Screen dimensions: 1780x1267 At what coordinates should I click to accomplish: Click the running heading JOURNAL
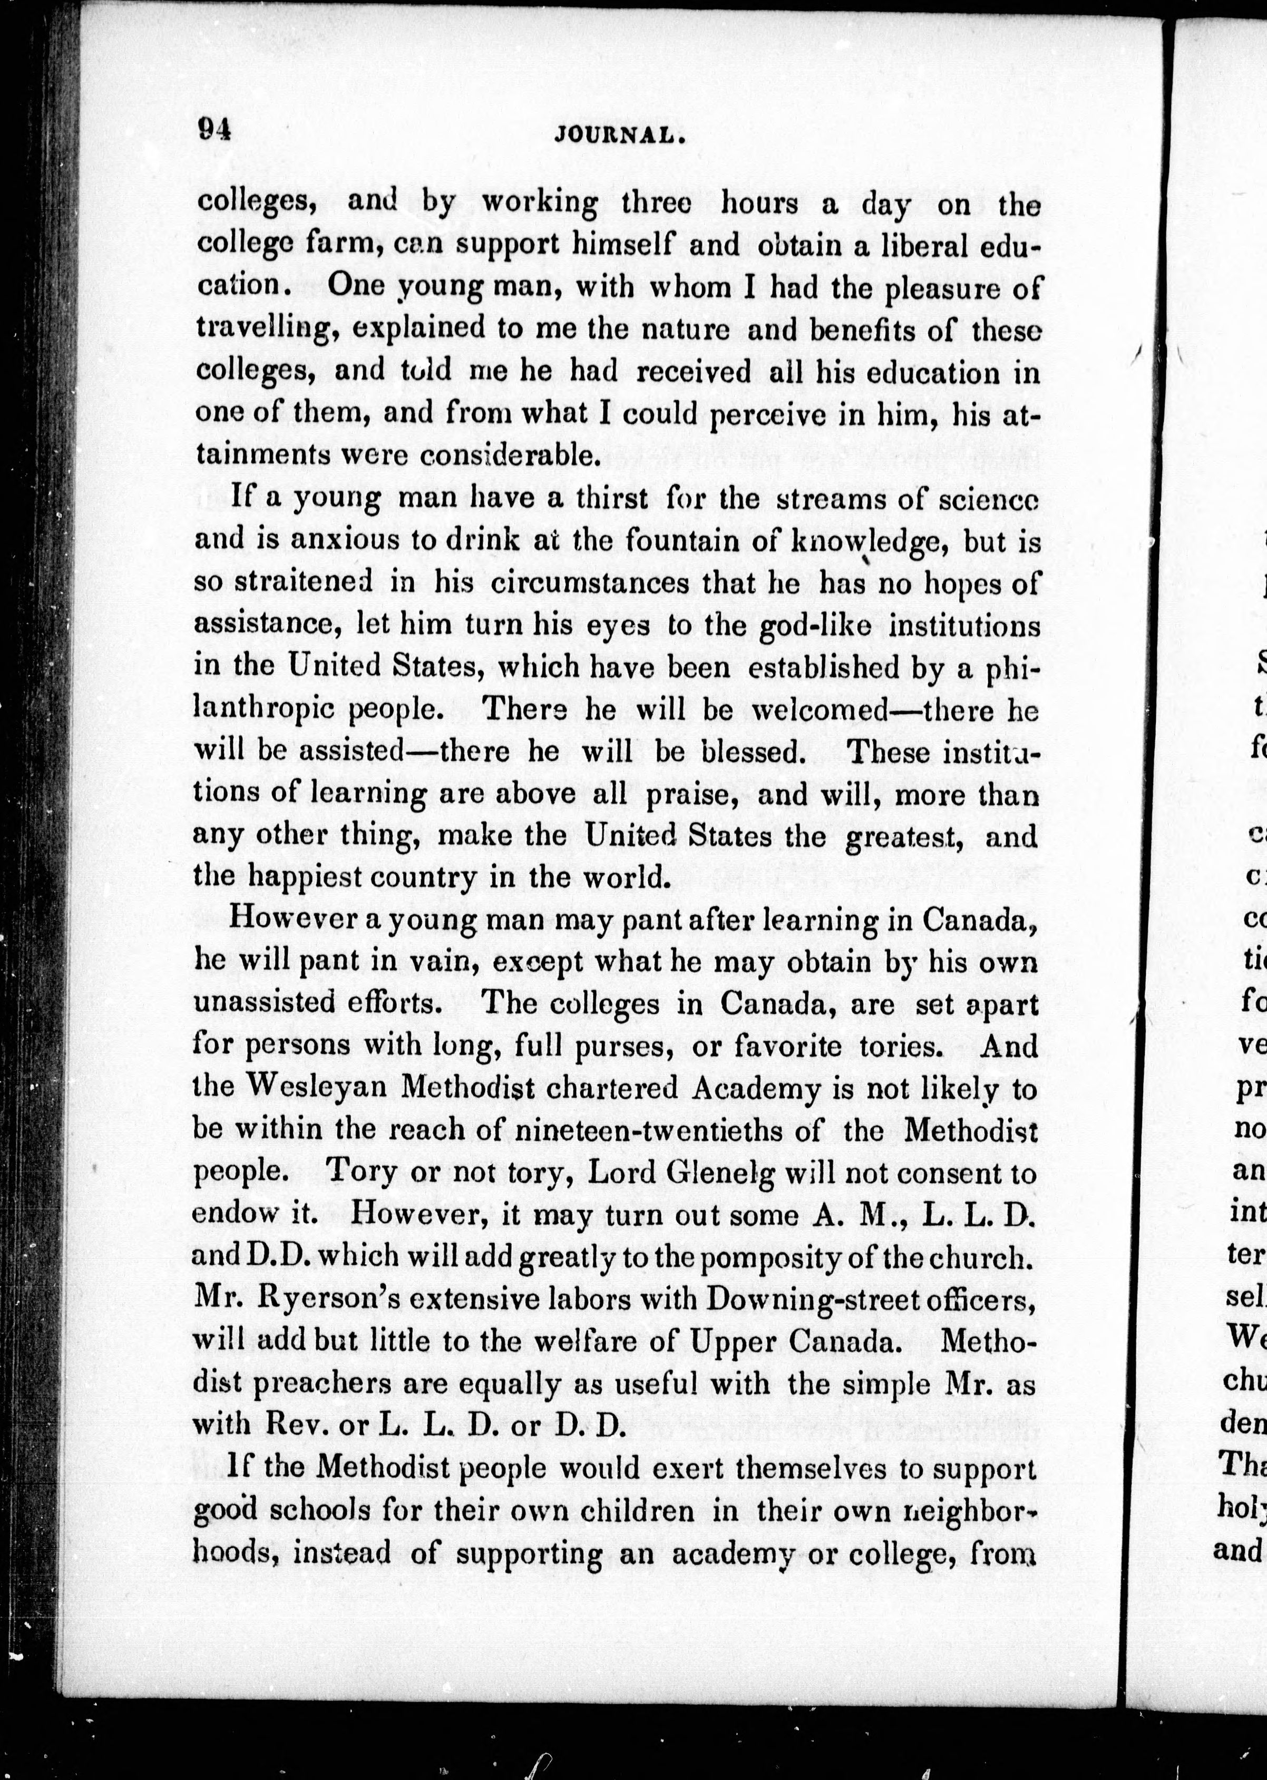tap(619, 135)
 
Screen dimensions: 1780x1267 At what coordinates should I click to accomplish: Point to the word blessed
tap(752, 751)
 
